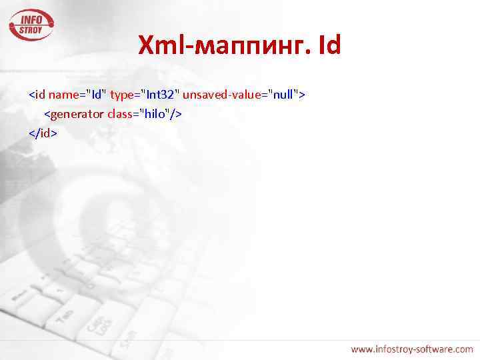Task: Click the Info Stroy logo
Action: click(x=31, y=23)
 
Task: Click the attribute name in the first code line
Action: click(x=65, y=95)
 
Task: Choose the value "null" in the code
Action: click(x=283, y=95)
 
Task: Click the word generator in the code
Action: click(x=77, y=114)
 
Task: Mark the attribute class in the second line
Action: click(x=119, y=114)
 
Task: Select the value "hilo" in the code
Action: click(x=155, y=114)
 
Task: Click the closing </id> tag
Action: click(x=43, y=133)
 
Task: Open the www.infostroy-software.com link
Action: click(x=412, y=349)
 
